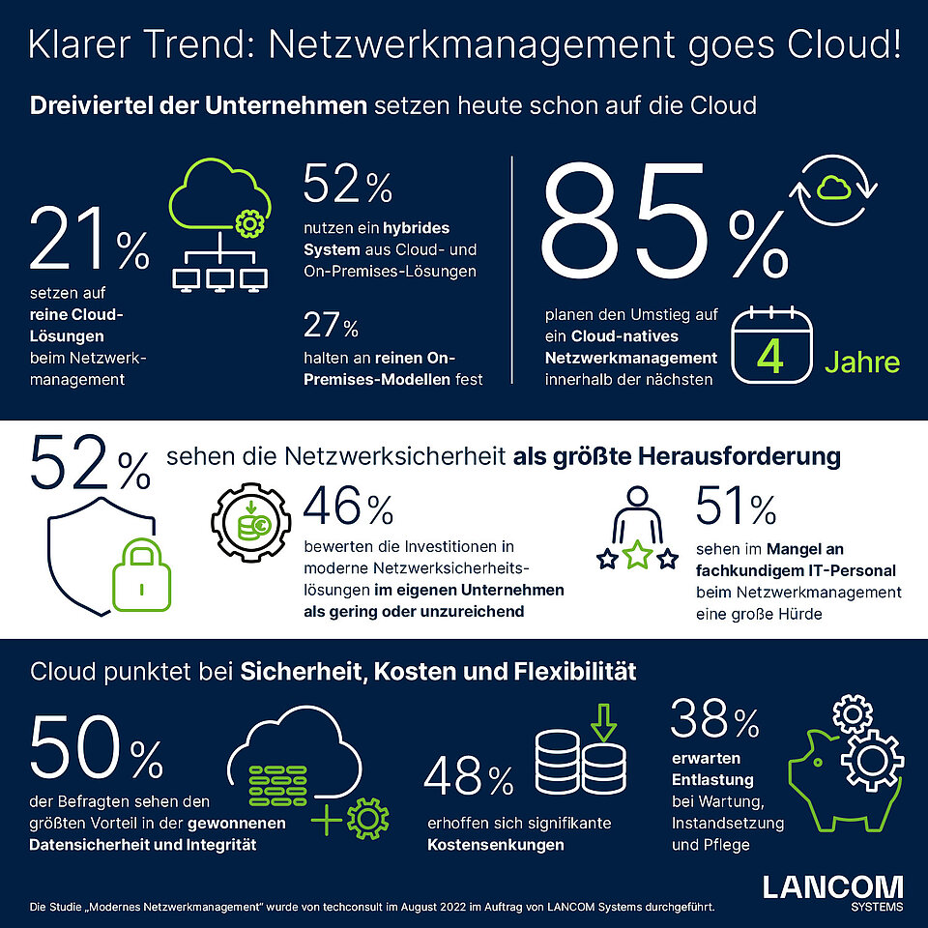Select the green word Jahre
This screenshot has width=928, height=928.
861,362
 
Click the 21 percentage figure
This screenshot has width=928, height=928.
89,242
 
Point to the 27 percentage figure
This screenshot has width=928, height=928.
332,326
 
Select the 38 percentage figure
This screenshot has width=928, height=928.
715,722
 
